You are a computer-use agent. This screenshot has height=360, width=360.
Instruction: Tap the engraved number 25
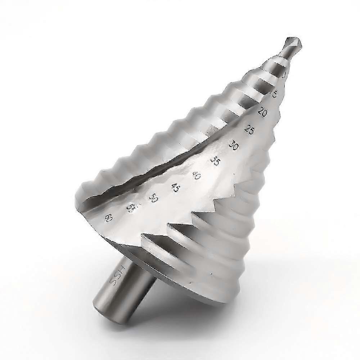click(x=249, y=129)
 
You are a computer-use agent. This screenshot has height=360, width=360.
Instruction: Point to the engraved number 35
click(x=215, y=161)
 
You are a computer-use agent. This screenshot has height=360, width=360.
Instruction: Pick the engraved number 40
click(x=196, y=175)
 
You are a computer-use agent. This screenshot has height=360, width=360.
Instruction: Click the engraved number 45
click(x=175, y=187)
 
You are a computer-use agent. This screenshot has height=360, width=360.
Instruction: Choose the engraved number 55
click(x=131, y=208)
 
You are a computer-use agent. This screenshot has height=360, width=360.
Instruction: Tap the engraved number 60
click(x=108, y=218)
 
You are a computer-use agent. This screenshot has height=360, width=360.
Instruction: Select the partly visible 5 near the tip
click(x=275, y=94)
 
